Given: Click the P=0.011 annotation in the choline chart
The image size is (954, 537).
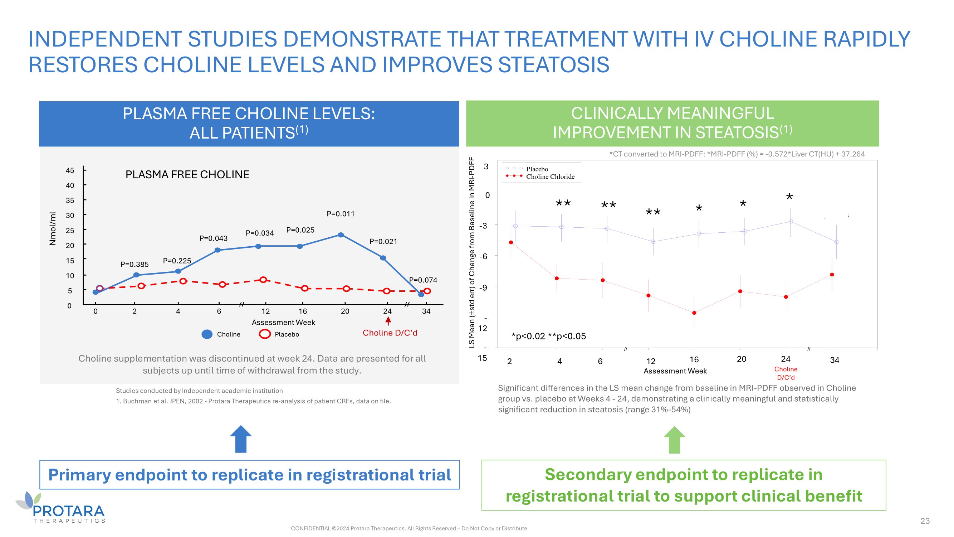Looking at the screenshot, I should tap(340, 214).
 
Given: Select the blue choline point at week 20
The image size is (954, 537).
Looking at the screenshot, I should tap(341, 235).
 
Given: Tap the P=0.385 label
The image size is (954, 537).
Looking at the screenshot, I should tap(134, 264).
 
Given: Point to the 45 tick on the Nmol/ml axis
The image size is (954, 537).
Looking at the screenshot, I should tap(70, 170).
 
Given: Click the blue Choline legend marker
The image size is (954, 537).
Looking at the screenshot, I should tap(207, 334).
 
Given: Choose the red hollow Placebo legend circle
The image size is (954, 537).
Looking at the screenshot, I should tap(265, 334).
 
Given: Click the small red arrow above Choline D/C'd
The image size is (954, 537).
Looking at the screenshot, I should tap(388, 321).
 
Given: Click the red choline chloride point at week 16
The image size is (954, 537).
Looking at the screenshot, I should tap(694, 313).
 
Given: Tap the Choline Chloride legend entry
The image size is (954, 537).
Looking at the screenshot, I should tap(550, 177).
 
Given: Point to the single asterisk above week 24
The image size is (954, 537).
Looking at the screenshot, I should tap(789, 197).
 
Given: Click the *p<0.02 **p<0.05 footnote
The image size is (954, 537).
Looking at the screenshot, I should tap(548, 336).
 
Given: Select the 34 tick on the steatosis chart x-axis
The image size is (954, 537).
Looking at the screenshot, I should tap(835, 360).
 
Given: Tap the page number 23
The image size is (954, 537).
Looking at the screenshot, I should tap(925, 521).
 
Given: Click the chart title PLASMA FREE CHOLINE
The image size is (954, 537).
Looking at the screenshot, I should tap(187, 175).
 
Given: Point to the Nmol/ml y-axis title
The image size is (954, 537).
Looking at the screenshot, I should tap(53, 229).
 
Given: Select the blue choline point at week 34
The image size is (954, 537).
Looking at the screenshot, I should tap(421, 295).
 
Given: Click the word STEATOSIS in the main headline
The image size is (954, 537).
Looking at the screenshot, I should tap(553, 65).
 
